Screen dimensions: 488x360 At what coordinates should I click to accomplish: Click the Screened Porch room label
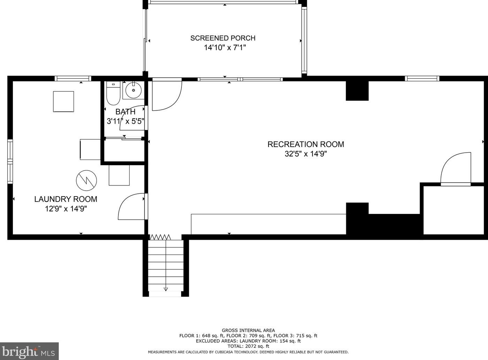point(223,38)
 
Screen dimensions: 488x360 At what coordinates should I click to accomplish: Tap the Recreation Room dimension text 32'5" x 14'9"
point(306,154)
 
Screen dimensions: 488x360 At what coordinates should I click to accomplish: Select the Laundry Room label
point(65,199)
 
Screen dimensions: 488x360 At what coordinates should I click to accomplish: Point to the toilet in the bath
point(113,93)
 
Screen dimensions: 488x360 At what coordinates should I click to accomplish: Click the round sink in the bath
point(133,90)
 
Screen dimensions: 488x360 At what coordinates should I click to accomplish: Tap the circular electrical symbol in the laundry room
point(86,181)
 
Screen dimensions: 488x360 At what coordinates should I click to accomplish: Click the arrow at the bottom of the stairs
point(165,289)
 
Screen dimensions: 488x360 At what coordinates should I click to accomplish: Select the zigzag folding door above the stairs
point(160,237)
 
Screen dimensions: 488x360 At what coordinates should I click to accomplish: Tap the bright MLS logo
point(29,351)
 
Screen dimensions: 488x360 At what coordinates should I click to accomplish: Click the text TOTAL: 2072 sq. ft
point(248,346)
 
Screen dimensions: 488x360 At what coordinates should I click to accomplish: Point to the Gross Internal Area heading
point(248,330)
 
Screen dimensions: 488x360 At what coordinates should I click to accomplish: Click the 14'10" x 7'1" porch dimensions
point(225,48)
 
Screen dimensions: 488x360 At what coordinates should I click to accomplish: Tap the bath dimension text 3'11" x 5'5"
point(125,121)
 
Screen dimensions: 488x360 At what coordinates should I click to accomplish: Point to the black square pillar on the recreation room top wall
point(357,91)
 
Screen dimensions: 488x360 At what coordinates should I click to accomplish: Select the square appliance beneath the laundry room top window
point(63,101)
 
